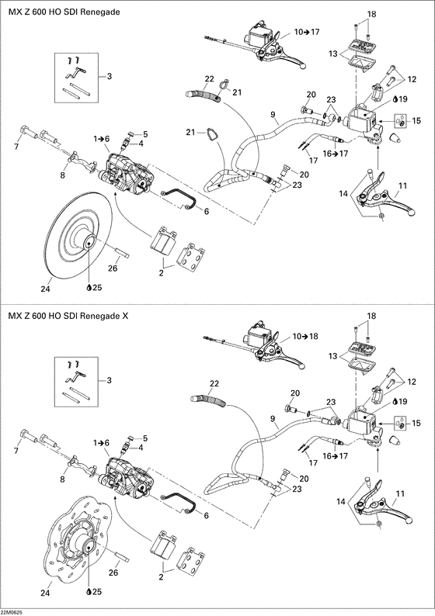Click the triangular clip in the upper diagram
(204, 138)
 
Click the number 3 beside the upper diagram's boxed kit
(110, 76)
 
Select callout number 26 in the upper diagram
(113, 268)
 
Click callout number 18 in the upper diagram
(371, 15)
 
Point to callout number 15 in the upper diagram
(416, 120)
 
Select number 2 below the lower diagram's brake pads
(161, 578)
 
